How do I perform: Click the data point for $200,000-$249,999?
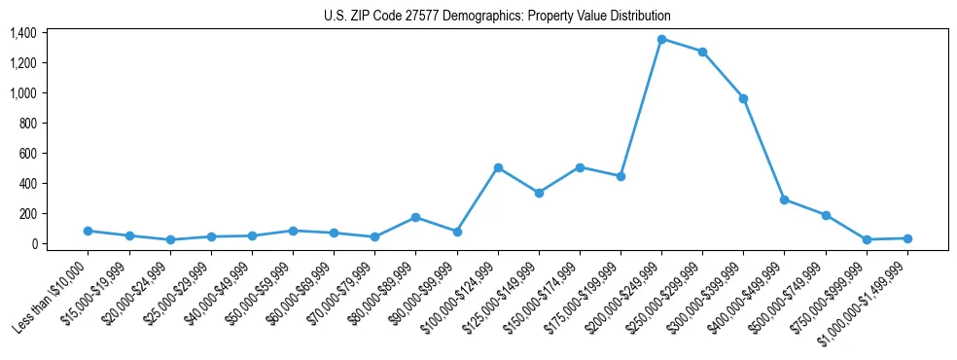coord(661,39)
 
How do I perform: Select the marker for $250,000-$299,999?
coord(702,52)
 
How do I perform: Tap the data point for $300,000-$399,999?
coord(743,98)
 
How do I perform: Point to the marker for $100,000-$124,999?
coord(498,167)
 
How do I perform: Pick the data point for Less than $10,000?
coord(89,231)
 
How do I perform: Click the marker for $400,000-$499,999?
coord(784,199)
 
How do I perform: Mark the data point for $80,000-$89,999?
coord(416,217)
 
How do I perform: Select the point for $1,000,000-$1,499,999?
coord(907,238)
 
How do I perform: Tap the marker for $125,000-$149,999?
coord(539,193)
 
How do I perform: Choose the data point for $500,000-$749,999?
coord(826,215)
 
